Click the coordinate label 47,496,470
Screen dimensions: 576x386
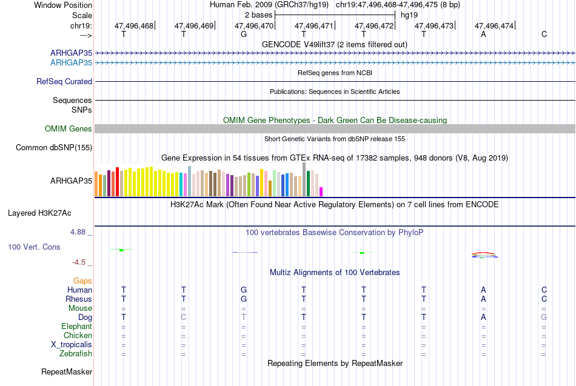pyautogui.click(x=254, y=25)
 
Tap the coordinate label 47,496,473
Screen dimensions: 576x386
pyautogui.click(x=434, y=25)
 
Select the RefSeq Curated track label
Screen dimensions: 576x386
pyautogui.click(x=64, y=82)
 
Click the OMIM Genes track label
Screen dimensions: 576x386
pyautogui.click(x=69, y=128)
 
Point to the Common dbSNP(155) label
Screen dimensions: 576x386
pyautogui.click(x=54, y=148)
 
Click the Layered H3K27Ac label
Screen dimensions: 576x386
pyautogui.click(x=39, y=213)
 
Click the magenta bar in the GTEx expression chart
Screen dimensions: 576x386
pyautogui.click(x=321, y=191)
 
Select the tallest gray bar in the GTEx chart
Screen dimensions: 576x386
pyautogui.click(x=304, y=179)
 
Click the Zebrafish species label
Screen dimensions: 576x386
pyautogui.click(x=76, y=354)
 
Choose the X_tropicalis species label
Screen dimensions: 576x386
pyautogui.click(x=72, y=345)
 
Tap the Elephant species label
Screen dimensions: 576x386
pyautogui.click(x=77, y=326)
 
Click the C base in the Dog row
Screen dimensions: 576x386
pyautogui.click(x=184, y=317)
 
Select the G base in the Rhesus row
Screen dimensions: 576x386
pyautogui.click(x=244, y=299)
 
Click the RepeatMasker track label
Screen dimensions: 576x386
pyautogui.click(x=67, y=371)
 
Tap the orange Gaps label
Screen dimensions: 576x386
pyautogui.click(x=82, y=281)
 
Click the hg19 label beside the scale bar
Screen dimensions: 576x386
pyautogui.click(x=409, y=15)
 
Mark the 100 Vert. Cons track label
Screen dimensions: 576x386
pyautogui.click(x=34, y=247)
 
